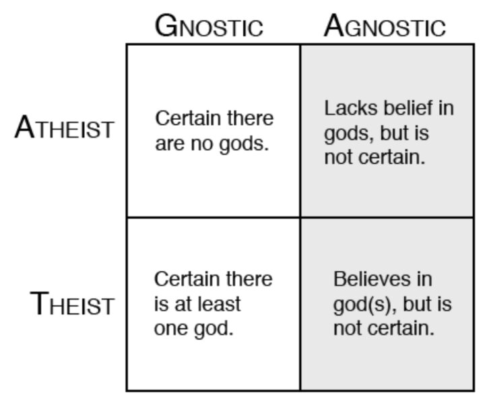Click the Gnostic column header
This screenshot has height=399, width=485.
pos(209,26)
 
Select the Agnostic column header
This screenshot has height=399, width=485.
pos(385,26)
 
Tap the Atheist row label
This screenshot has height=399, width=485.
pos(65,127)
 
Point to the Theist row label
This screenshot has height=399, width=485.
pos(72,303)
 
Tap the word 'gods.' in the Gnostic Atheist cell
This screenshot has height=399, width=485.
pos(244,145)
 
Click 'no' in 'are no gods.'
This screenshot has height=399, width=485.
pos(202,145)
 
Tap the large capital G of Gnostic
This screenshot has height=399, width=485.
pos(166,26)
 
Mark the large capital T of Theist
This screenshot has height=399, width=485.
pos(40,303)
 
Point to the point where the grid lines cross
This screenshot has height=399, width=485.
pos(300,217)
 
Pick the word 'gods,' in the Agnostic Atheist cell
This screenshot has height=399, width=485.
pos(349,134)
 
